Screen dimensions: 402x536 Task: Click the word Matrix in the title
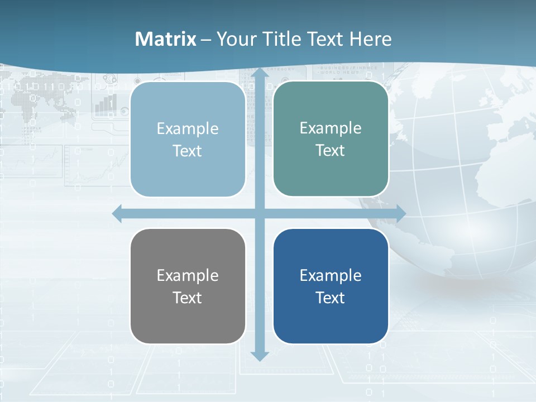(166, 39)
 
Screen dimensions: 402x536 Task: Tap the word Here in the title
(370, 39)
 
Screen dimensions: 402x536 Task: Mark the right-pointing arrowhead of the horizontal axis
(401, 213)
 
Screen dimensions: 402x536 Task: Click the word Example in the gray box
(188, 275)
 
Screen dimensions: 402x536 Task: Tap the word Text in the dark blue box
(331, 298)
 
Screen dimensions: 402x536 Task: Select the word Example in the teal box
(331, 128)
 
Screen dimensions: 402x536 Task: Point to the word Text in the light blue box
(188, 151)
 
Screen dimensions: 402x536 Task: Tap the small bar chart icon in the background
(106, 104)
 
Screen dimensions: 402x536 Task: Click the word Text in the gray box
(188, 298)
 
